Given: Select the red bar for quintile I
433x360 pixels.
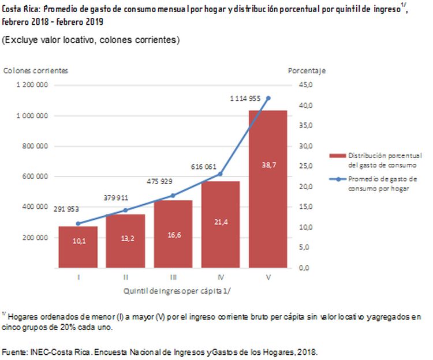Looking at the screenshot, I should click(x=79, y=247).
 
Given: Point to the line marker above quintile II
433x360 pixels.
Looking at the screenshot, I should click(x=126, y=210).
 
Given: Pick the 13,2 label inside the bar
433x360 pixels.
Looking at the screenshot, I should click(x=125, y=241).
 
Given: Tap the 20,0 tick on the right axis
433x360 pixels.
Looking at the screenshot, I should click(x=306, y=187).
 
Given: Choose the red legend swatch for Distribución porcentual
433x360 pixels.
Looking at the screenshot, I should click(x=337, y=156).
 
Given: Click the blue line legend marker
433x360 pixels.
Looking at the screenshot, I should click(x=337, y=179).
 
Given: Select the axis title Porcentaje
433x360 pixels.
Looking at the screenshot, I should click(x=307, y=70).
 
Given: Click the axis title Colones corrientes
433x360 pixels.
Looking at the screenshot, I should click(x=36, y=70).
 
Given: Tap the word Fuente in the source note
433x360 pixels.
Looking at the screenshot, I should click(x=13, y=351).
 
